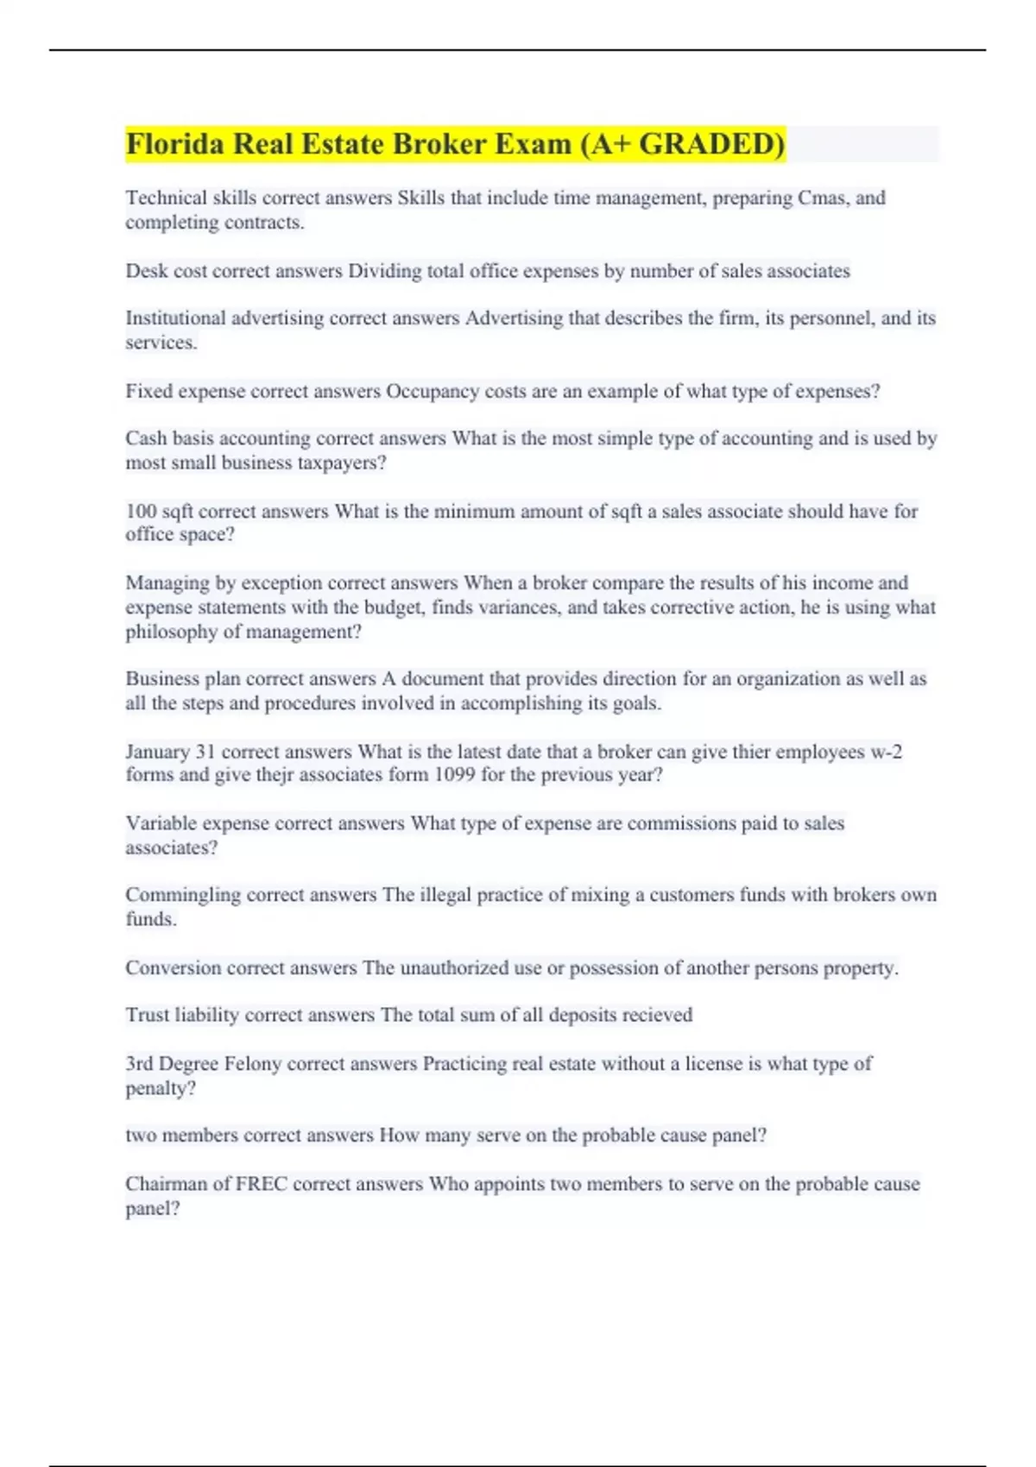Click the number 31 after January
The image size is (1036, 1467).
(205, 752)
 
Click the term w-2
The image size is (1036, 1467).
(886, 752)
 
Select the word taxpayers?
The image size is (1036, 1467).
(341, 463)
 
